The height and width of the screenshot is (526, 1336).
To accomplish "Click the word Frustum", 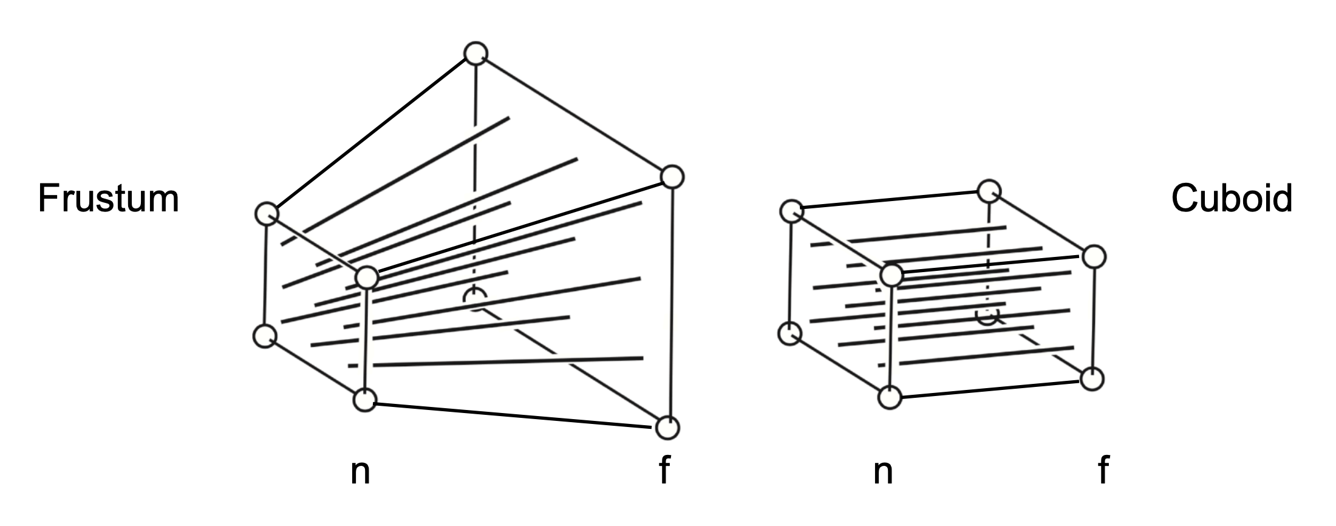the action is pos(109,199).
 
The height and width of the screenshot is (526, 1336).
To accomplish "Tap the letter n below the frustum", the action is pos(360,473).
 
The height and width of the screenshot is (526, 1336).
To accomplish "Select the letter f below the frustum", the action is pos(664,470).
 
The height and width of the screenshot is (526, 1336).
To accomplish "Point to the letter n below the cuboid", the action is pos(883,473).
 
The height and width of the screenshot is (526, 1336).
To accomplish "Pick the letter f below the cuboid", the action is pos(1103,470).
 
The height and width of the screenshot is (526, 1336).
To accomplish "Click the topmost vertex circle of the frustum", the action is pos(475,53).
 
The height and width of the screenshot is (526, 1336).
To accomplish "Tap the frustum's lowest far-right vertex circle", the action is pos(667,428).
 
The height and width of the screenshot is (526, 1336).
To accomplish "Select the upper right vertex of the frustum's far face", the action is pos(672,177).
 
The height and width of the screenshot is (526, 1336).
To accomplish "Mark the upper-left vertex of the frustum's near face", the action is pos(266,214).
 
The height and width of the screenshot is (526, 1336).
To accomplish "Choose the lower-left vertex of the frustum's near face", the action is pos(265,336).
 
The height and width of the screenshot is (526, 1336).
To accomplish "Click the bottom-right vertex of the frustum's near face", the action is pos(364,400).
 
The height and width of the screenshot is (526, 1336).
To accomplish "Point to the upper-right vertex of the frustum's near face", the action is pos(367,278).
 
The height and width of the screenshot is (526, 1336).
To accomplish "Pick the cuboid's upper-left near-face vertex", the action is pos(791,211).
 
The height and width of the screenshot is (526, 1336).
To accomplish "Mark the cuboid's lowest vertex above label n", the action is pos(890,397).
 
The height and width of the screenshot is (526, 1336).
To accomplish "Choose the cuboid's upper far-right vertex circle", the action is pos(1094,256).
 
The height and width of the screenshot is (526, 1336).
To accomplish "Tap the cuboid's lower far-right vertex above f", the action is pos(1092,379).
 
